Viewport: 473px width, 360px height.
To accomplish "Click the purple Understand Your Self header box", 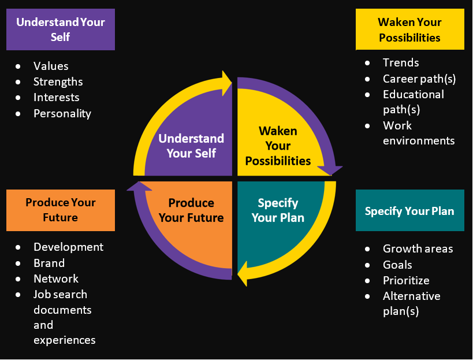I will point(60,29).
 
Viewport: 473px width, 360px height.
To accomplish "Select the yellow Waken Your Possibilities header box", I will point(409,29).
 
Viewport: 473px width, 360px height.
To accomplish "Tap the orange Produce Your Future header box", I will point(60,210).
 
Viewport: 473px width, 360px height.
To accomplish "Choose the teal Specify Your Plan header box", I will point(409,210).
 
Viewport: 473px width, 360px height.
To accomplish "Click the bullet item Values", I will point(51,66).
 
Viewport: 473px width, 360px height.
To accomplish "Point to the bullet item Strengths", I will point(58,81).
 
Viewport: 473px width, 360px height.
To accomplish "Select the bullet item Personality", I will point(62,113).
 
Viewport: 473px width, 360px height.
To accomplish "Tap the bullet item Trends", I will point(401,62).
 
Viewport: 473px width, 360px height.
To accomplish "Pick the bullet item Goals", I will point(397,265).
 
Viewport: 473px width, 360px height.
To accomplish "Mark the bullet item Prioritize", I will point(406,280).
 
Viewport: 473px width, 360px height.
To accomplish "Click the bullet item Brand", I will point(49,263).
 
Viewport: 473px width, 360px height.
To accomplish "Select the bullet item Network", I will point(56,279).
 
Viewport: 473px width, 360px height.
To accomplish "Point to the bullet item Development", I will point(68,247).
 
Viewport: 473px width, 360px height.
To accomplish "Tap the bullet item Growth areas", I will point(418,248).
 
